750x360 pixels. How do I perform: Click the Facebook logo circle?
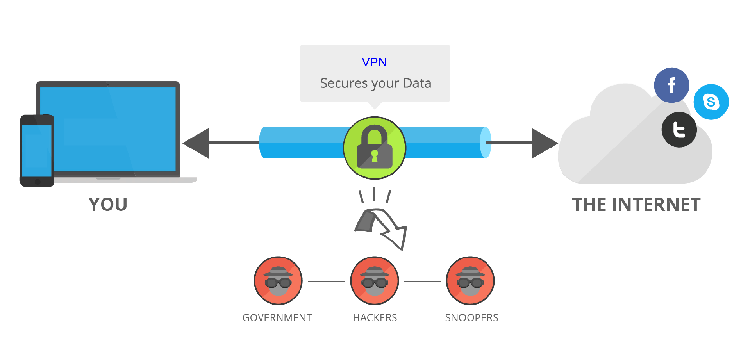coord(671,85)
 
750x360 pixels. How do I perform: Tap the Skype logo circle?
coord(711,102)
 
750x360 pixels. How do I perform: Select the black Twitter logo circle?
coord(679,130)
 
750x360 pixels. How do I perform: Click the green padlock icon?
coord(375,148)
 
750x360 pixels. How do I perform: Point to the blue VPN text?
coord(374,62)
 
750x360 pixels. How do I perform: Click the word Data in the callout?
coord(417,83)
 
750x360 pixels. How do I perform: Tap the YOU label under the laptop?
coord(108,204)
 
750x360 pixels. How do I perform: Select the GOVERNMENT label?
coord(277,318)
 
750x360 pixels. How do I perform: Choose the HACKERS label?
coord(375,318)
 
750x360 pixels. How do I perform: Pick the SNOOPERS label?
coord(471,318)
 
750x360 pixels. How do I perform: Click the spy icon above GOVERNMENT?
coord(278,280)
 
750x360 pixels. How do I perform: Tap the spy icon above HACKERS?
coord(375,280)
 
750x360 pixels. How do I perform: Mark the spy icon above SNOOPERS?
coord(470,280)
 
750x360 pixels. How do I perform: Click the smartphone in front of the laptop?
coord(37,150)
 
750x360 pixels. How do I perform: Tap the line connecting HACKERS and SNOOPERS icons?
coord(422,282)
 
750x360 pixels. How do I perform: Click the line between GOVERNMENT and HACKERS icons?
coord(327,282)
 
